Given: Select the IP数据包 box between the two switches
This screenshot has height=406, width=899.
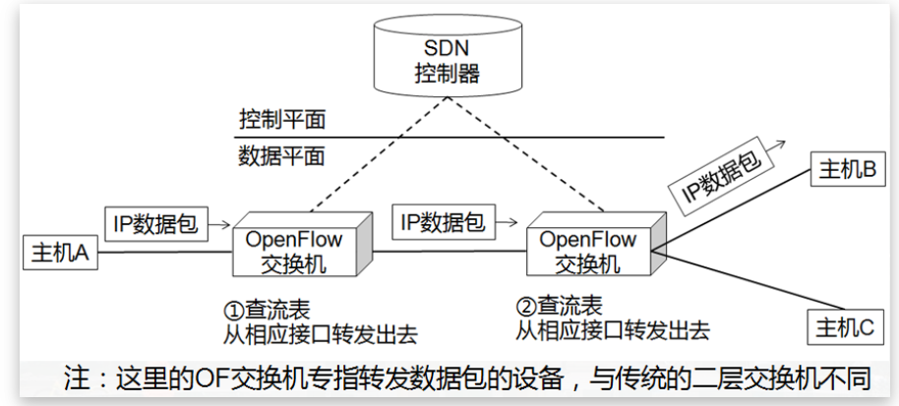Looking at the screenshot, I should coord(442,222).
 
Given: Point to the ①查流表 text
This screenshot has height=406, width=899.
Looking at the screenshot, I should coord(268,306).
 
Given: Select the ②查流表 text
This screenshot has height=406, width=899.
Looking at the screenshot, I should coord(560,306).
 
